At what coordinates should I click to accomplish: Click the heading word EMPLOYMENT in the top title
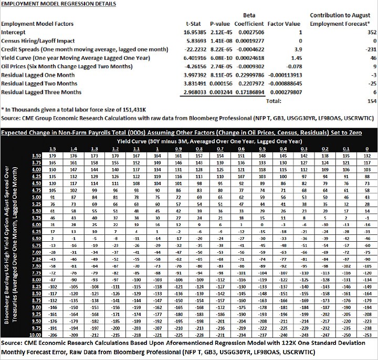pos(22,5)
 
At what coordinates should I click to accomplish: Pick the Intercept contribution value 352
pos(366,33)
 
